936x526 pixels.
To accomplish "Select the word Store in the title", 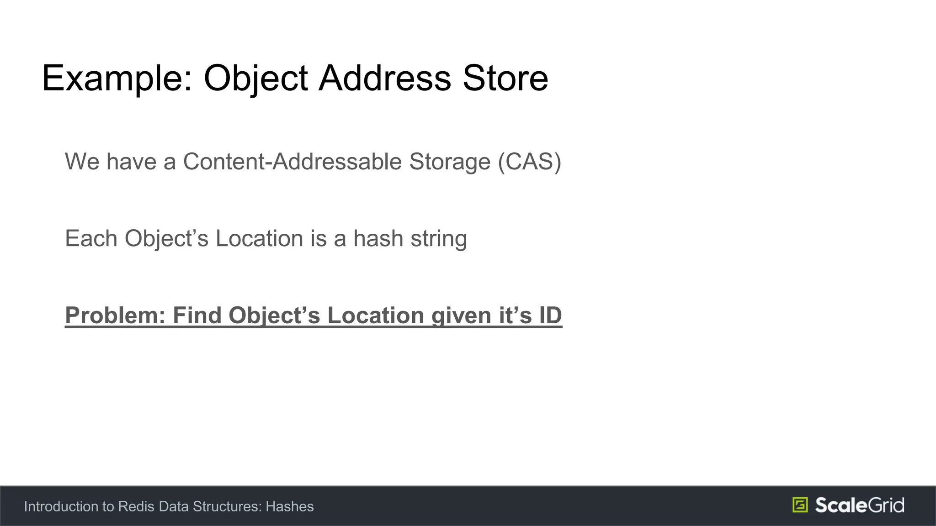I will (505, 79).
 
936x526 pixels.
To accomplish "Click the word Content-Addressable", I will (292, 162).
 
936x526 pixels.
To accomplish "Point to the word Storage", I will (450, 162).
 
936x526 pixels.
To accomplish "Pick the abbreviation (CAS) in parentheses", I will (530, 162).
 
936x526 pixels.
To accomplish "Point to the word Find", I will (197, 316).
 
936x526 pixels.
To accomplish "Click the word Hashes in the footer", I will (290, 506).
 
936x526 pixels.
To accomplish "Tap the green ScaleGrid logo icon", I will (800, 505).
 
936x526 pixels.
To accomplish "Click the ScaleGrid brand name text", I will (859, 505).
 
